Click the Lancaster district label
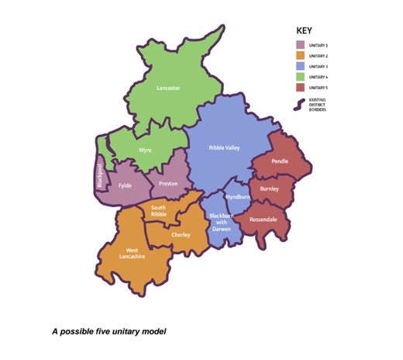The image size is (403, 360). tap(168, 88)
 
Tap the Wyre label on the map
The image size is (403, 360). tap(145, 148)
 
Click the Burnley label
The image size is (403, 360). tap(270, 189)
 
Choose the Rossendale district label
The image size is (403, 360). tap(262, 220)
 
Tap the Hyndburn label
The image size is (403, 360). tap(238, 197)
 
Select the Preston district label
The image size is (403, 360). tap(168, 184)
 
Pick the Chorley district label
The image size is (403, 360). tap(181, 235)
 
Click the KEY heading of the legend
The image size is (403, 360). tap(304, 31)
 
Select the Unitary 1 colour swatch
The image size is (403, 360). tap(301, 46)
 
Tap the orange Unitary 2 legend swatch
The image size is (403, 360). tap(301, 57)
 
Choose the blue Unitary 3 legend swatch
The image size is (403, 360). tap(301, 67)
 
